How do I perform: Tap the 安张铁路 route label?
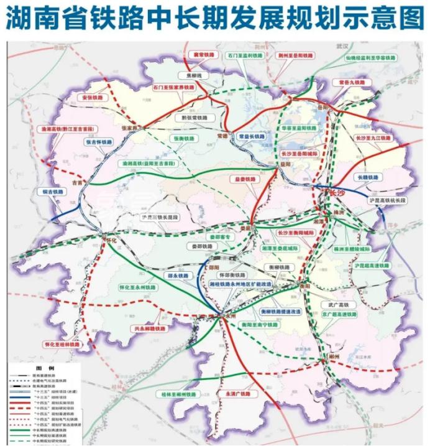pyautogui.click(x=91, y=98)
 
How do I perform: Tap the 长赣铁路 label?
pyautogui.click(x=366, y=177)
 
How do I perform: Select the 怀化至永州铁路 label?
pyautogui.click(x=137, y=288)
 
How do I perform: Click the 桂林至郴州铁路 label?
pyautogui.click(x=179, y=394)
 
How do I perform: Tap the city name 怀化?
pyautogui.click(x=111, y=239)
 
